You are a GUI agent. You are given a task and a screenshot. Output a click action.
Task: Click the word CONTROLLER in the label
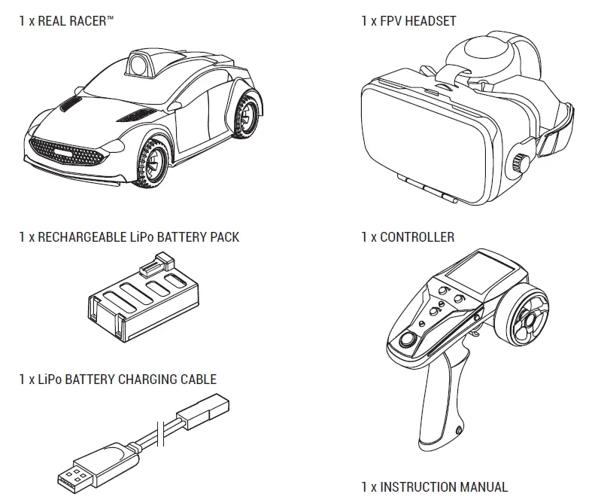tap(417, 237)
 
